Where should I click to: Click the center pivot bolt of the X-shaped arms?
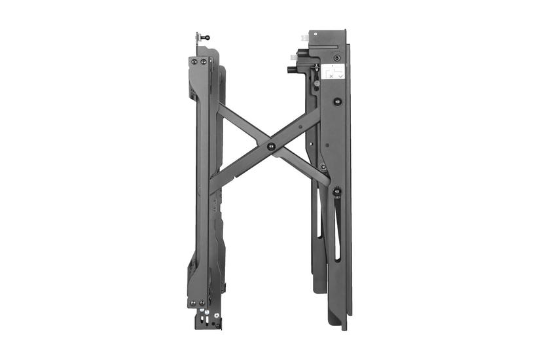(x=270, y=146)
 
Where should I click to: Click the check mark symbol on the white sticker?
(x=340, y=76)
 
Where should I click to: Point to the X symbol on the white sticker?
(x=331, y=76)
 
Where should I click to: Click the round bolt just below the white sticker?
(x=337, y=101)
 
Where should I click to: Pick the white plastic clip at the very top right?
(x=305, y=39)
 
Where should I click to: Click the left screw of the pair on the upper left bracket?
(x=194, y=62)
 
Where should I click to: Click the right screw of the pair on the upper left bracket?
(x=203, y=62)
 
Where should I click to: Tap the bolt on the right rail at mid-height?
(x=336, y=191)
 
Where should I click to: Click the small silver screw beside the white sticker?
(x=317, y=82)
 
